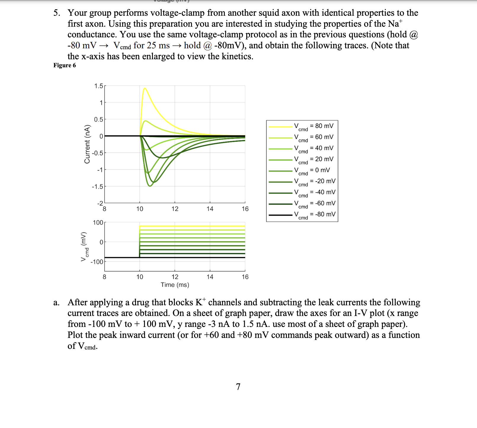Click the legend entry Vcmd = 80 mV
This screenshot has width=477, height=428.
click(x=313, y=126)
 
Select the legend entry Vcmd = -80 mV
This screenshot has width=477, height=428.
click(x=314, y=215)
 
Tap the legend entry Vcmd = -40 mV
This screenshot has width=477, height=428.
click(x=314, y=193)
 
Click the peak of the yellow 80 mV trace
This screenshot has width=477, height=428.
click(x=145, y=88)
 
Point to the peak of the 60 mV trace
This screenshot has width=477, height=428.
click(x=145, y=121)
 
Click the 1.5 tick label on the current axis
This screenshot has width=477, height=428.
click(x=99, y=86)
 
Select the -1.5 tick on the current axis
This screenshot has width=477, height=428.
click(x=97, y=187)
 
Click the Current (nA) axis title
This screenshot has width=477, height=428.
click(x=87, y=144)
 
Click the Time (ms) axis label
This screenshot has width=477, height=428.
click(x=175, y=285)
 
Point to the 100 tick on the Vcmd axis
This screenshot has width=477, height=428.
click(x=98, y=223)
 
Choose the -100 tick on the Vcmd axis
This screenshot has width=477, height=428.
click(x=97, y=262)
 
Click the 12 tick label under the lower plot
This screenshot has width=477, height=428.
click(x=175, y=277)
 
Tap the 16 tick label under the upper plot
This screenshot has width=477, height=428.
click(x=245, y=209)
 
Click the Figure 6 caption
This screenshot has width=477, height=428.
click(x=65, y=65)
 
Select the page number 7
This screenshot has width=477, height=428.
click(x=238, y=387)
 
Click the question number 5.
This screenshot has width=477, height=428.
click(x=57, y=13)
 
